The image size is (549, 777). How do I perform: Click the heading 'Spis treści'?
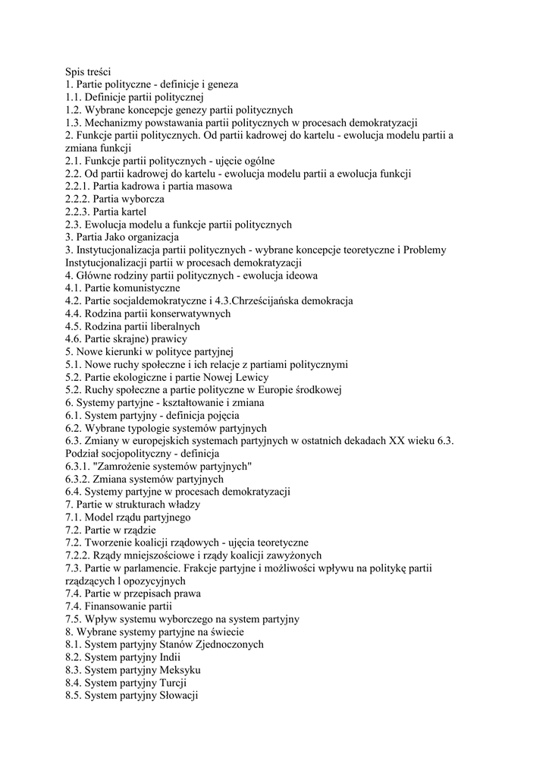(88, 71)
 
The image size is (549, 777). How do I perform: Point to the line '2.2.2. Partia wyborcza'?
(115, 199)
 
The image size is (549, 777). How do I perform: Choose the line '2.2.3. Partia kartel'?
(106, 212)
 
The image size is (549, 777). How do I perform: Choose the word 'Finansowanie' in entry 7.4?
(116, 606)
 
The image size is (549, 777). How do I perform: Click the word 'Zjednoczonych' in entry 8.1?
(228, 644)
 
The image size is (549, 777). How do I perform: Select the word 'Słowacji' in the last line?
(178, 695)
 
